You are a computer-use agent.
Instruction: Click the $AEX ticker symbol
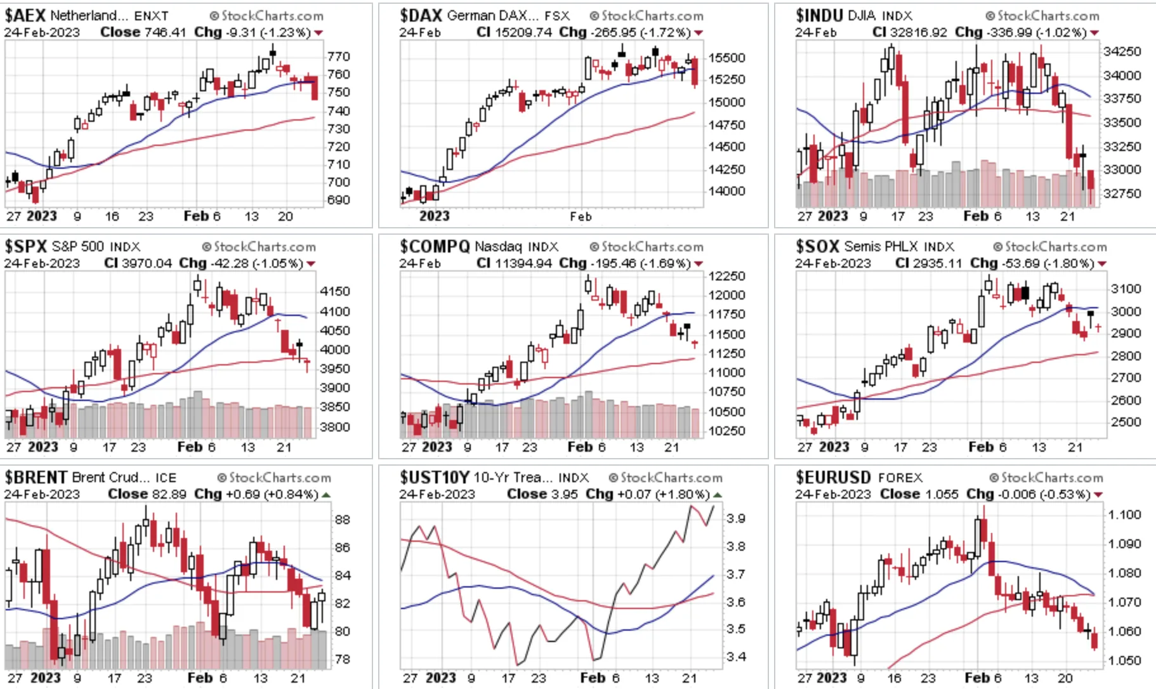pos(25,15)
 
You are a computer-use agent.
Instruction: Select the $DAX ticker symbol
pos(421,15)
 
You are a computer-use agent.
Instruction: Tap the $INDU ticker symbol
pos(820,15)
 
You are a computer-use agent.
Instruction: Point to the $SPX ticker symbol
pos(26,246)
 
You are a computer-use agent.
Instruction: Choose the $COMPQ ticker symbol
pos(435,246)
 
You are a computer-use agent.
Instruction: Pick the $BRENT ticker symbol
pos(36,477)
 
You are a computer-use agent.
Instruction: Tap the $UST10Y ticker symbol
pos(435,477)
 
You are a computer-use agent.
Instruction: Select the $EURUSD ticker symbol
pos(833,477)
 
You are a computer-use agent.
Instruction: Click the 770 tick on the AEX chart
pos(339,56)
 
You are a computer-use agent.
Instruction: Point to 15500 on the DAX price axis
pos(726,58)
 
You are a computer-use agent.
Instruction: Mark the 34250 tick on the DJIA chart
pos(1122,51)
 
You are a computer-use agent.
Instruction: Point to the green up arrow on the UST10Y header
pos(718,494)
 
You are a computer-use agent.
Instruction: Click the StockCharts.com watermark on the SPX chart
pos(259,247)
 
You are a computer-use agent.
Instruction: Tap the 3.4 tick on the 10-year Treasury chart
pos(737,657)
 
